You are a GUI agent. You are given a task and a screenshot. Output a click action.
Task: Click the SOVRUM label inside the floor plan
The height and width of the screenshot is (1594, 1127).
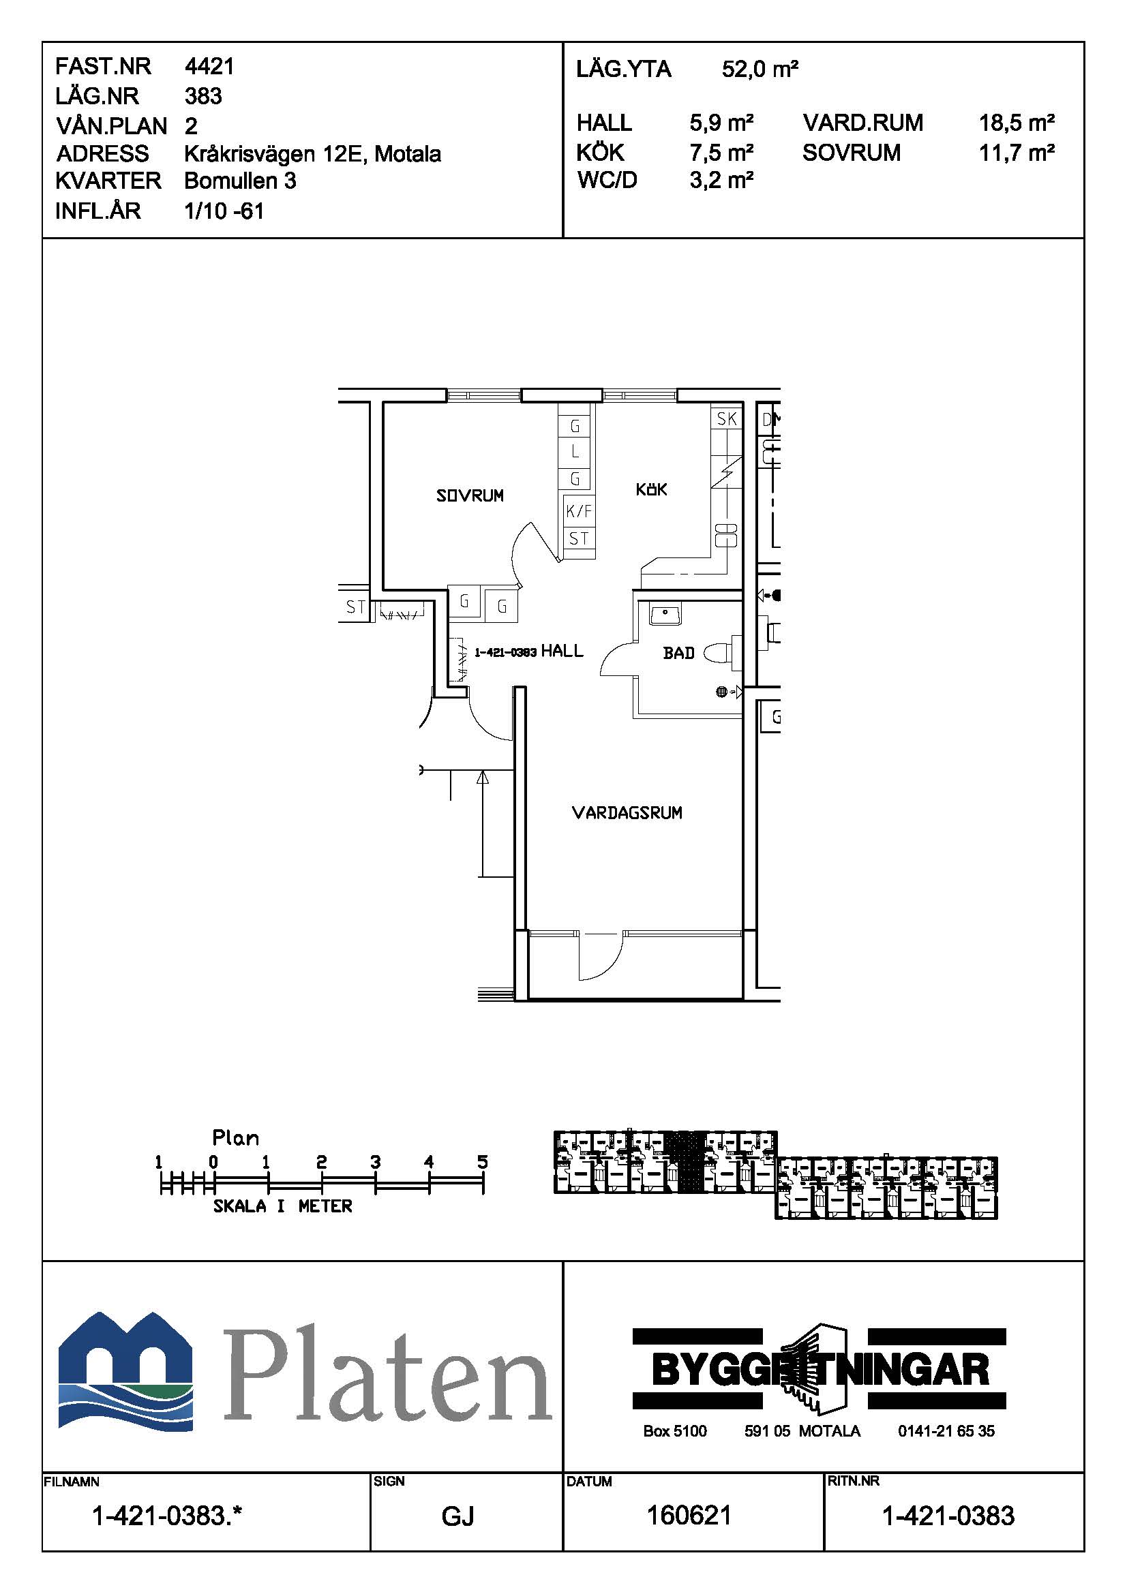tap(470, 495)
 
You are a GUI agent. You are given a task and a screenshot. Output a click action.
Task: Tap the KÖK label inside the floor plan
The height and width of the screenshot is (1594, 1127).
tap(651, 489)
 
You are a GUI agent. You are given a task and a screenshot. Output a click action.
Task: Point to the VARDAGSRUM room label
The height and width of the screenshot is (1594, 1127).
tap(627, 812)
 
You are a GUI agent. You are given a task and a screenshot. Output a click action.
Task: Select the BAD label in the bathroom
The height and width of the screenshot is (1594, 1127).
tap(678, 653)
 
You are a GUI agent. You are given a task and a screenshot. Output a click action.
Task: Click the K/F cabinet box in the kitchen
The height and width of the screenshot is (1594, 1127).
tap(579, 511)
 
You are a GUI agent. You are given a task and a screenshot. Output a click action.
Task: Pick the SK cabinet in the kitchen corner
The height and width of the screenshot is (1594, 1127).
tap(726, 418)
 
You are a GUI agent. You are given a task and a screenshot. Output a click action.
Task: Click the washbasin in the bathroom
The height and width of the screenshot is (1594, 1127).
tap(666, 614)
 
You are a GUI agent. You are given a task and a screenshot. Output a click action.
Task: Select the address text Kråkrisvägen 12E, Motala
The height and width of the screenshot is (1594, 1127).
tap(312, 153)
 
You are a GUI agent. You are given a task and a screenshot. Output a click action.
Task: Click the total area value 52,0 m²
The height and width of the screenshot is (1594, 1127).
tap(760, 69)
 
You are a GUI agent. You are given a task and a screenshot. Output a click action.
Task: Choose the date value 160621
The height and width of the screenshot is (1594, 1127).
tap(689, 1515)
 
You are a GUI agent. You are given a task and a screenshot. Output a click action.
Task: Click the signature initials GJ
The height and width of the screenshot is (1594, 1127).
tap(458, 1516)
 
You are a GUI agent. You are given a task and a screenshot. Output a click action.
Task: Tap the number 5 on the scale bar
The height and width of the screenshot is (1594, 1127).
tap(483, 1162)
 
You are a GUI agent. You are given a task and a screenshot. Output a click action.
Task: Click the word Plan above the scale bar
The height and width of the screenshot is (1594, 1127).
tap(236, 1138)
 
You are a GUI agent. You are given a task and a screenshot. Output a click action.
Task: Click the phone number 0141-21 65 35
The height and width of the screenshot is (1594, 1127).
tap(946, 1431)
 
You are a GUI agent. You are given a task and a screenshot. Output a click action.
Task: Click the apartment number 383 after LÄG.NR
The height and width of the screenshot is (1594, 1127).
tap(203, 96)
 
